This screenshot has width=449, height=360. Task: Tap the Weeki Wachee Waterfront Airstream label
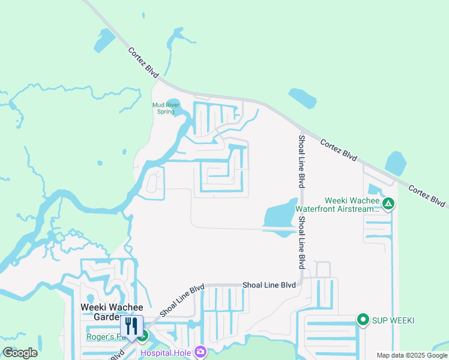click(351, 205)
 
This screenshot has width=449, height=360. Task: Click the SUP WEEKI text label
click(393, 320)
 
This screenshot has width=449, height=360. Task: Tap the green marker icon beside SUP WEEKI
click(363, 320)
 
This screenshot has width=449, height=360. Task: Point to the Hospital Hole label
click(166, 353)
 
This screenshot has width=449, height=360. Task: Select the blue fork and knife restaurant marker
click(132, 327)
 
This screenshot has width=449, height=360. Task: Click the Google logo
click(20, 353)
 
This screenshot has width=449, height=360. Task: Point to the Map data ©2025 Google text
click(412, 355)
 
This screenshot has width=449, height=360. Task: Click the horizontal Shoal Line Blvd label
click(269, 285)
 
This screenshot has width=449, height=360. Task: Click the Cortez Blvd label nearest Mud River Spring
click(143, 62)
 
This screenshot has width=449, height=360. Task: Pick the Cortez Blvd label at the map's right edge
click(428, 196)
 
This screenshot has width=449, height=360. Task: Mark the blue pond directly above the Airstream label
click(395, 164)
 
